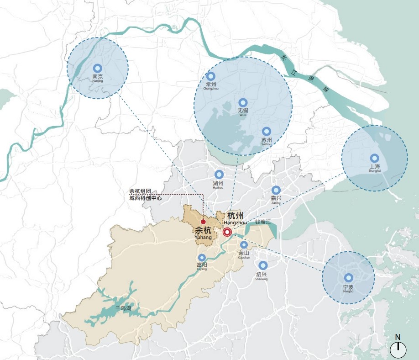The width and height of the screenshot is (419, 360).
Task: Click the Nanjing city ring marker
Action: pos(97,68)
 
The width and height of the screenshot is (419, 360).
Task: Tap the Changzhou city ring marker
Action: pos(210,76)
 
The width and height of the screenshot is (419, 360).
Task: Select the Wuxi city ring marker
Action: pos(243,102)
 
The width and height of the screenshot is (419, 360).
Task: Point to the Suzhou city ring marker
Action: pos(266,131)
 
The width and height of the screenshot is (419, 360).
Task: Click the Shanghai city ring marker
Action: pos(374,157)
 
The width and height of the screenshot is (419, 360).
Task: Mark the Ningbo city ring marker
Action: pos(348,278)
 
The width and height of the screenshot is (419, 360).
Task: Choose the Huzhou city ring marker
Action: pos(219,175)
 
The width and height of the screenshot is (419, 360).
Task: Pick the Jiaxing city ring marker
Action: pos(276,190)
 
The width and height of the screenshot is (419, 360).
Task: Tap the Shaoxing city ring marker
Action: pos(262,265)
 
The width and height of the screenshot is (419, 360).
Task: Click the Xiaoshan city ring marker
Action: pos(244,245)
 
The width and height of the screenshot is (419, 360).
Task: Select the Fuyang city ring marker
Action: pos(202,258)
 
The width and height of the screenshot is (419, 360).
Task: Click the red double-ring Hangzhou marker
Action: pos(227,232)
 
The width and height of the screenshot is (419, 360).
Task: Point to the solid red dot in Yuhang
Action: pos(204,222)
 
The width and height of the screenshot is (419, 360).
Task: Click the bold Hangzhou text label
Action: pos(236,216)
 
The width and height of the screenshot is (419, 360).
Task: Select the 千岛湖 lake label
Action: pos(123,309)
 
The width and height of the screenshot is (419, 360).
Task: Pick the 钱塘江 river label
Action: pos(263,222)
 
